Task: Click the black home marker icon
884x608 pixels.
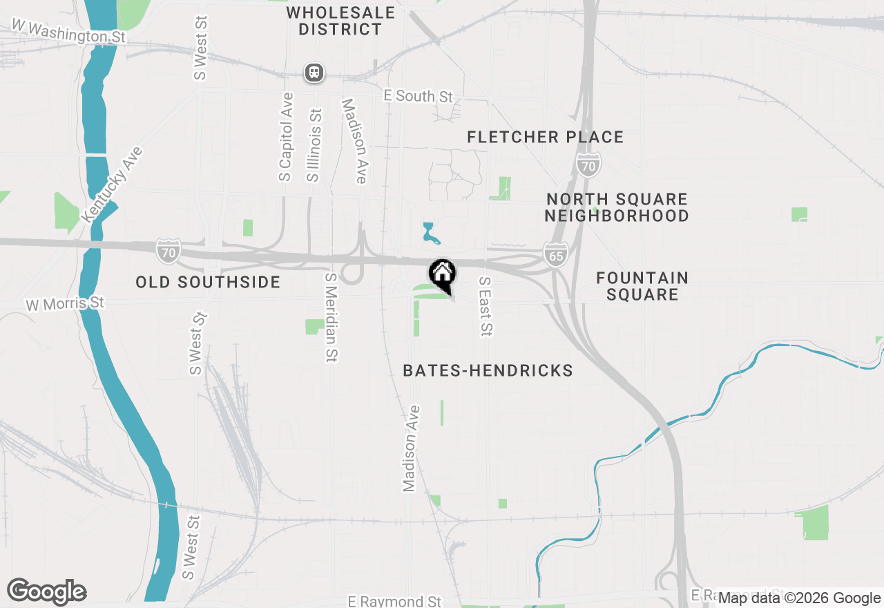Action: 442,274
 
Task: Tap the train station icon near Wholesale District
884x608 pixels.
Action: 314,73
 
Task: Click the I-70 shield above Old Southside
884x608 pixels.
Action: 168,250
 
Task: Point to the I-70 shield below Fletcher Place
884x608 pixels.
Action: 588,164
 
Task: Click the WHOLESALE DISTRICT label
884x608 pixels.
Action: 340,21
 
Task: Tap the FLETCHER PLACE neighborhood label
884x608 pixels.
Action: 545,137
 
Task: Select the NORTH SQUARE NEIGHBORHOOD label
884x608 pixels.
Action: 617,207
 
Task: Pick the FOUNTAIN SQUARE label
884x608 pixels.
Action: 642,286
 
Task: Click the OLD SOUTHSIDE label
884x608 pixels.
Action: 208,282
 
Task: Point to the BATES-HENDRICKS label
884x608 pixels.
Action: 488,371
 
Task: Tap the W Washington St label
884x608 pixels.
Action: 68,32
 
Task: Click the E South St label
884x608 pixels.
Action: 419,96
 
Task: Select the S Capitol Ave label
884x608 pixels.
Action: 286,137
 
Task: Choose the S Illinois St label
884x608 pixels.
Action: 314,145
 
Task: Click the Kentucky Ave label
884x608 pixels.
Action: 111,184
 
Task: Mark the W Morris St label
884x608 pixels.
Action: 64,303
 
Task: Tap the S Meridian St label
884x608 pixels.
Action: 331,316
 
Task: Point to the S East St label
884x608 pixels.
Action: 485,306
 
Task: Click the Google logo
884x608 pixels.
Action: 46,592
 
